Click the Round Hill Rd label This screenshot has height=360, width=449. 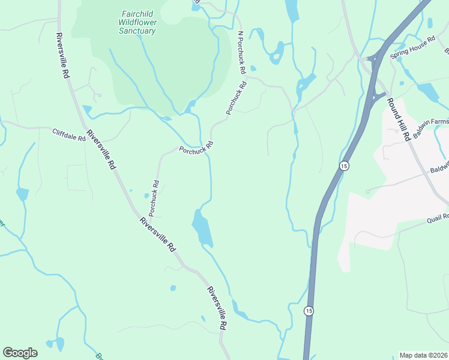point(397,119)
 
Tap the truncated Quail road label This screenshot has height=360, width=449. point(438,218)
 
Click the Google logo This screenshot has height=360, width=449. point(20,353)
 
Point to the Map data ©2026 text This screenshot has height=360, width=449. point(423,355)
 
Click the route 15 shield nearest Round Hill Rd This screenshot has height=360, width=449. point(343,166)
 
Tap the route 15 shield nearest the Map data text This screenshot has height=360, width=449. point(309,310)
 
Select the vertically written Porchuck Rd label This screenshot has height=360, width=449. point(154,198)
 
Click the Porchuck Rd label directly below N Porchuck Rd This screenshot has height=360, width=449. point(237,98)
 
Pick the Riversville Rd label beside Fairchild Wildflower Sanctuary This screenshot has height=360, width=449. point(62,56)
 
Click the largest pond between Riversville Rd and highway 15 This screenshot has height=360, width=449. point(202,228)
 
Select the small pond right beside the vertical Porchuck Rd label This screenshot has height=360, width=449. point(146,195)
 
